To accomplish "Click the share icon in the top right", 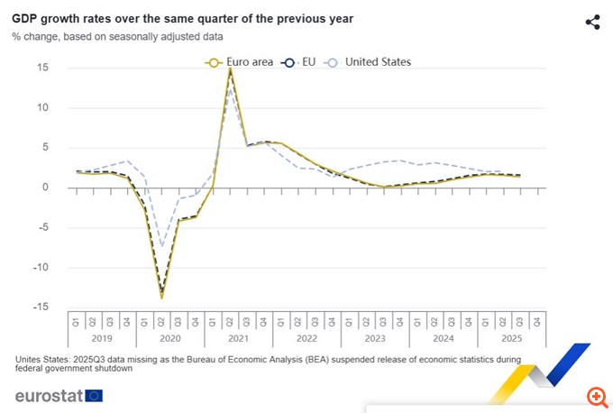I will point(592,23).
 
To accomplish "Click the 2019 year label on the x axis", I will point(102,339).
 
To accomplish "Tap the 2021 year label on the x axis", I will point(238,339).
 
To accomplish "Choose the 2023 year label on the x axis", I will point(375,339).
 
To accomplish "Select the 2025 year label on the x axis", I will point(511,339).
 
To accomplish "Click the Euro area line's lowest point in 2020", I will point(162,297).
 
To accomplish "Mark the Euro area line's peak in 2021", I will point(230,68).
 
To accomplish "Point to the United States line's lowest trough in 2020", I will point(162,245).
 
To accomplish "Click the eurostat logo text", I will point(49,395).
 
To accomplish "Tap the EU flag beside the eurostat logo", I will point(94,395).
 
